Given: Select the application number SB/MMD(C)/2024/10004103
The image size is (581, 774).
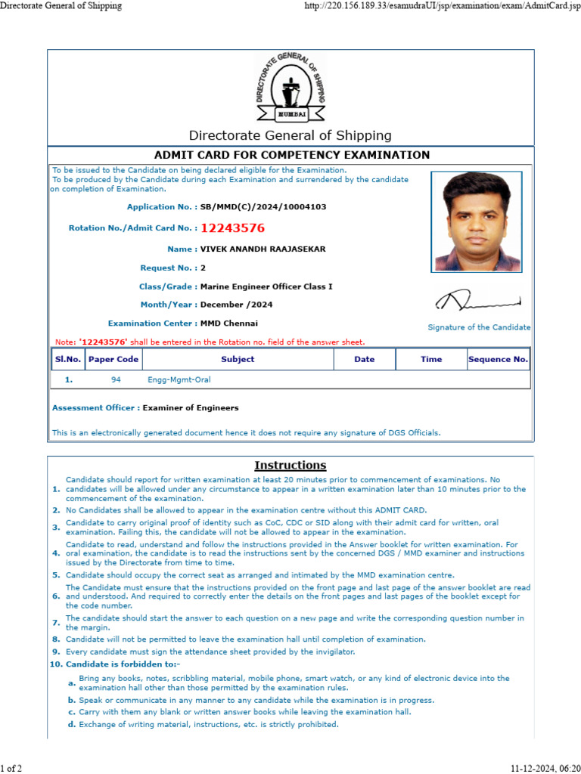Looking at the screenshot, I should pyautogui.click(x=263, y=206).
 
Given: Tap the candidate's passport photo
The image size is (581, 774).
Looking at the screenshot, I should pyautogui.click(x=477, y=221).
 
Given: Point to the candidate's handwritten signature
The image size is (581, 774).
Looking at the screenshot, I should pyautogui.click(x=477, y=301).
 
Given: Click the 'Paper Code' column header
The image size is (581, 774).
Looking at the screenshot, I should pyautogui.click(x=113, y=359).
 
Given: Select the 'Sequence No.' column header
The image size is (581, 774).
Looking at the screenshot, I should pyautogui.click(x=498, y=359).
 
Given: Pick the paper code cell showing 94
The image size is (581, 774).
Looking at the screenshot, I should pyautogui.click(x=116, y=379).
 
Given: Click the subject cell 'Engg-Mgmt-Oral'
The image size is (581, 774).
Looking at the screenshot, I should pyautogui.click(x=179, y=379).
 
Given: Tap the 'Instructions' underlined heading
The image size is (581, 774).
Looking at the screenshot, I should pyautogui.click(x=290, y=466).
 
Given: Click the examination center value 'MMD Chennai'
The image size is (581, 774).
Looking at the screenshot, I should pyautogui.click(x=228, y=324).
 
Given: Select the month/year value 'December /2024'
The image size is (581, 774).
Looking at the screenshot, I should pyautogui.click(x=237, y=305).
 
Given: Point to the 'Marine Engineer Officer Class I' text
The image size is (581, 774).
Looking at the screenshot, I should pyautogui.click(x=266, y=286).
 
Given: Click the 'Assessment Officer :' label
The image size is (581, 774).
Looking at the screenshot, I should pyautogui.click(x=95, y=408).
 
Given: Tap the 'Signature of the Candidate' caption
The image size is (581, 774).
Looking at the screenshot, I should pyautogui.click(x=479, y=327).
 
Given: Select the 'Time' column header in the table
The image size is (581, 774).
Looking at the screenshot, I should pyautogui.click(x=431, y=359).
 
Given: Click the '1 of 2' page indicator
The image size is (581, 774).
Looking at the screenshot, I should pyautogui.click(x=11, y=768).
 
